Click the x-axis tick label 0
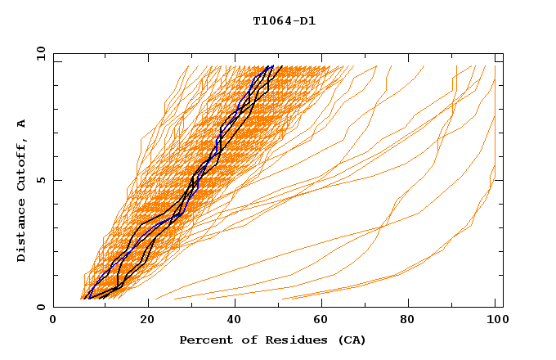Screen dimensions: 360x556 pos(53,322)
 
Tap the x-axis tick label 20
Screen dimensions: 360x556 pos(141,322)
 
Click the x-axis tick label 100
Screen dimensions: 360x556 pos(495,322)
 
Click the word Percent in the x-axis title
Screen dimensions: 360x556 pos(202,340)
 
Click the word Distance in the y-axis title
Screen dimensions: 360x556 pos(22,233)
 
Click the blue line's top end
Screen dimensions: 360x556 pos(271,66)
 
